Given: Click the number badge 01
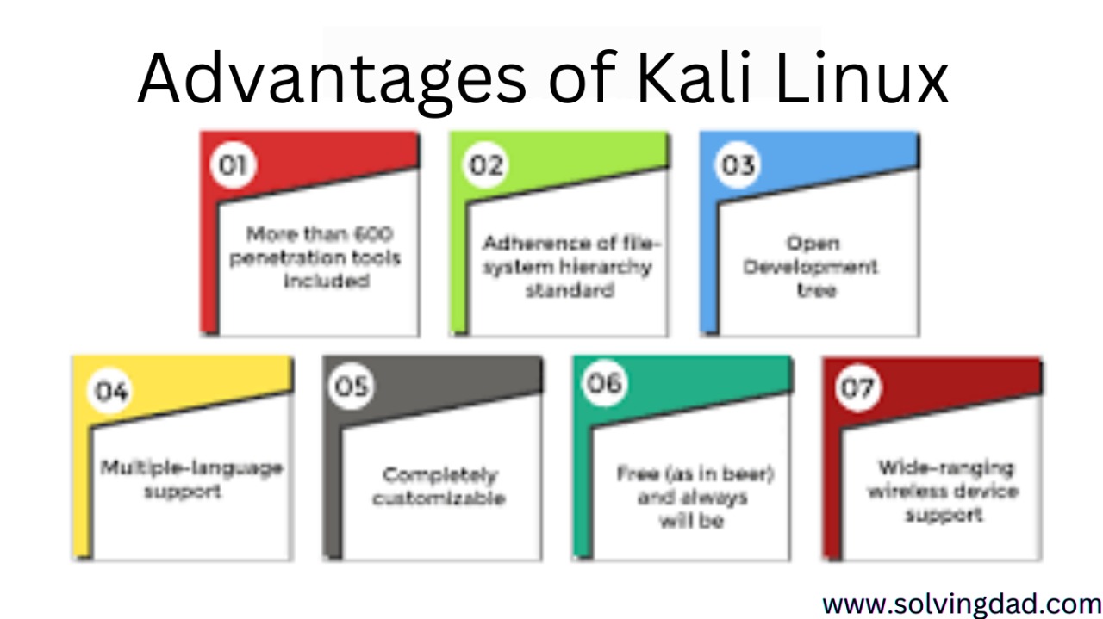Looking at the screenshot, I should (231, 164).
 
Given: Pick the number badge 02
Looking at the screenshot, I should (485, 164).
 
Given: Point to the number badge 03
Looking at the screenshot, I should (738, 164).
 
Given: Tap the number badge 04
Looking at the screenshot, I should (111, 392).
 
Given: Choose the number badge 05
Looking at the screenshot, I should (351, 387).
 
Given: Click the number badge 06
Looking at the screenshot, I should (604, 383).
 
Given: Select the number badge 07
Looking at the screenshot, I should (857, 388).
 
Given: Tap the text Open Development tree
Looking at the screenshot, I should (811, 267).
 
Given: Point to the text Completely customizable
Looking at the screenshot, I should (439, 486).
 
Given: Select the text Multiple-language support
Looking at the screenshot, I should (191, 479).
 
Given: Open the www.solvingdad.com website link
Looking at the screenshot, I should (961, 603).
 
